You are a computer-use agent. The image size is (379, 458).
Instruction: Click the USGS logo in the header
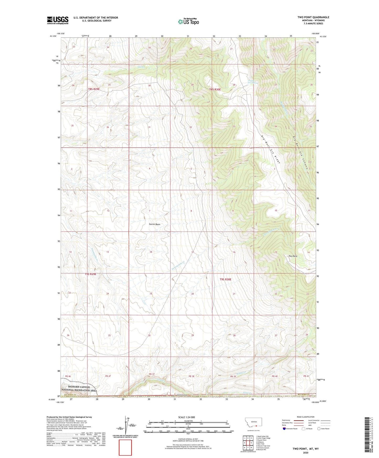pyautogui.click(x=58, y=20)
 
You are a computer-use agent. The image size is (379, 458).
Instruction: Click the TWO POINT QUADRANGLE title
pyautogui.click(x=313, y=17)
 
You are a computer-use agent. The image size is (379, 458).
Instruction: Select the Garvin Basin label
pyautogui.click(x=154, y=224)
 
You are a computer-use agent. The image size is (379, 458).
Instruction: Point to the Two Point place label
pyautogui.click(x=293, y=256)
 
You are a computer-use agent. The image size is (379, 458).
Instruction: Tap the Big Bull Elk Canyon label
pyautogui.click(x=300, y=153)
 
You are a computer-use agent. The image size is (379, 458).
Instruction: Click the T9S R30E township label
pyautogui.click(x=225, y=280)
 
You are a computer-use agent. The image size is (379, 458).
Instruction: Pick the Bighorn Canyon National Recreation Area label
pyautogui.click(x=79, y=389)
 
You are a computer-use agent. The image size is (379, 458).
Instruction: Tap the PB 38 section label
pyautogui.click(x=191, y=376)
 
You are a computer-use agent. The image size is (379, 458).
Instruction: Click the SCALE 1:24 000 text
pyautogui.click(x=186, y=417)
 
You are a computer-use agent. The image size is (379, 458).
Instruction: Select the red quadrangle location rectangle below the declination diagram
pyautogui.click(x=125, y=448)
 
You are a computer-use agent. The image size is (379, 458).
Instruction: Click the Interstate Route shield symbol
pyautogui.click(x=284, y=429)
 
